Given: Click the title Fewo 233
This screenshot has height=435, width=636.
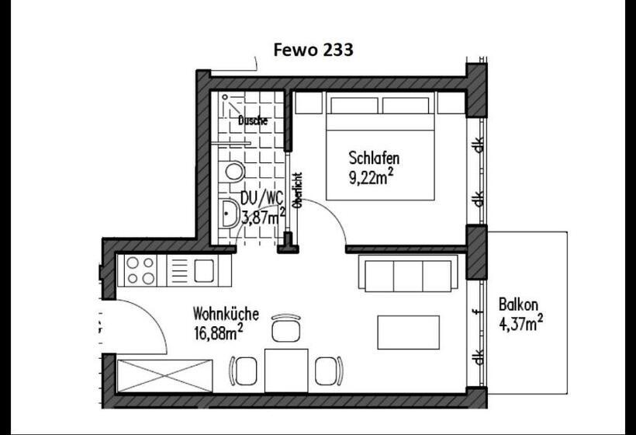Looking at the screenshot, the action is [x=313, y=50].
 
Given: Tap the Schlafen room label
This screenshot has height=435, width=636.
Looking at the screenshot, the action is [x=374, y=158].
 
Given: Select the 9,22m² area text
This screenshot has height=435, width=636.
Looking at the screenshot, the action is [x=372, y=177].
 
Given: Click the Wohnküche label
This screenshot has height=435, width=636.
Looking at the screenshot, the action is [x=226, y=314].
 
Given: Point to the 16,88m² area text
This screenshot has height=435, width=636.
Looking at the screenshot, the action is [x=219, y=332].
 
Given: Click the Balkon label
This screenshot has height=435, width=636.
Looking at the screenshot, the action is [x=518, y=304].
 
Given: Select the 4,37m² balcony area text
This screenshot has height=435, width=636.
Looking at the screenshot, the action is [x=520, y=323].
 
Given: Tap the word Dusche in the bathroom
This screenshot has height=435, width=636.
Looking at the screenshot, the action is [x=253, y=120].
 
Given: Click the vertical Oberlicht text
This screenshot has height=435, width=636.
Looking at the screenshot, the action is [x=299, y=190].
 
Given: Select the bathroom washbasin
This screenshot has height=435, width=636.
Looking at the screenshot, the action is [x=230, y=214].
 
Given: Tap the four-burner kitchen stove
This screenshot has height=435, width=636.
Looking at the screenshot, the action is [x=140, y=270].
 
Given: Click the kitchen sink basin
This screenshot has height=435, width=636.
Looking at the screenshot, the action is [x=204, y=271].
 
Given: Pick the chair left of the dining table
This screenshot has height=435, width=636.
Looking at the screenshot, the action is [x=244, y=371].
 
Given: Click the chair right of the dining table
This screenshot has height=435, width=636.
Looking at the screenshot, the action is [x=329, y=371].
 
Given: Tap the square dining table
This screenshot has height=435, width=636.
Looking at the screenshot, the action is [x=286, y=371].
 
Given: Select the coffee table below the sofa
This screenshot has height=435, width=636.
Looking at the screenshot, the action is [x=409, y=332].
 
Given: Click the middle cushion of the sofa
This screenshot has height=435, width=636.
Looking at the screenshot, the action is [x=408, y=277].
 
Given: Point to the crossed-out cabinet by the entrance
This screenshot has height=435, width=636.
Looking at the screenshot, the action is [x=164, y=376].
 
